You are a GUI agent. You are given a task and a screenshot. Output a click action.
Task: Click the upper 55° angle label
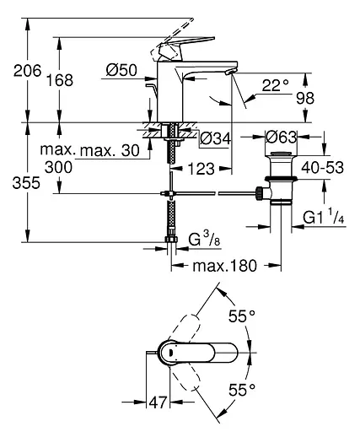tap(242, 317)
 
